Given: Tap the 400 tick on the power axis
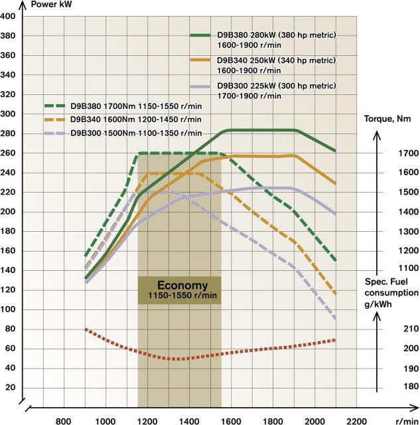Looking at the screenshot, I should click(9, 16).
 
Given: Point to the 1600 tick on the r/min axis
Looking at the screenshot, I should click(231, 420).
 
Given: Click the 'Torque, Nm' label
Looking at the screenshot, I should click(391, 119).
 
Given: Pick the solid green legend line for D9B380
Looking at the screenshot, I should click(200, 35).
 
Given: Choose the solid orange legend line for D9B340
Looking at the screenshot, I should click(200, 60).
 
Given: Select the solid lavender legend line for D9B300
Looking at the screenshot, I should click(200, 86).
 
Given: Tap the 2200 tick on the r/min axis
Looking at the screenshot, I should click(357, 420).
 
